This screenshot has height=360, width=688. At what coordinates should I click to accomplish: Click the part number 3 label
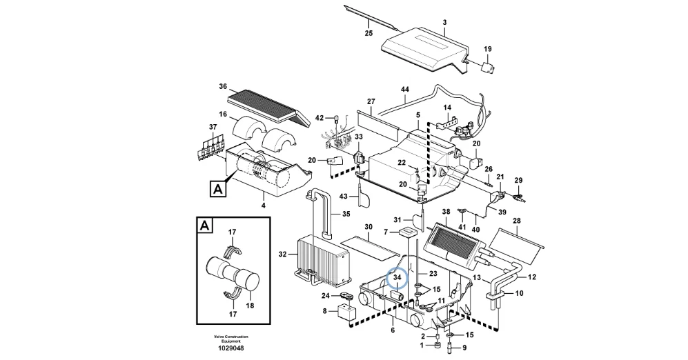444,22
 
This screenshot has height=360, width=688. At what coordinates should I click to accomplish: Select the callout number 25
368,34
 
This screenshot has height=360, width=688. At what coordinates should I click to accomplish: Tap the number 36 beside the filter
223,86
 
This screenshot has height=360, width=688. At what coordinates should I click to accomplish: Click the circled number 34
397,278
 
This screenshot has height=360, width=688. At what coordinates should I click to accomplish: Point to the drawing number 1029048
231,348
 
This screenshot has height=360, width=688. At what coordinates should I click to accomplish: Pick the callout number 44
405,90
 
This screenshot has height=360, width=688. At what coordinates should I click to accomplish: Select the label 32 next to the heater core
282,254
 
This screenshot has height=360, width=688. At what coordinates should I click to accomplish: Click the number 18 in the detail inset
250,305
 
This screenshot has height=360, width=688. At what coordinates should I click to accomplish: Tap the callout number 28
517,221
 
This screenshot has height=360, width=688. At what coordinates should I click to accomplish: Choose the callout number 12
531,277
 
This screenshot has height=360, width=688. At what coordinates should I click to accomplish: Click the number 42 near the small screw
320,118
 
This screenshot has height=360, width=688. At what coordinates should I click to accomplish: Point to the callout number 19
487,49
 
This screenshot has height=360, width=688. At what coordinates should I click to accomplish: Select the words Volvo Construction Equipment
231,338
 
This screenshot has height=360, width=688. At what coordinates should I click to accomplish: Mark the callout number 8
325,311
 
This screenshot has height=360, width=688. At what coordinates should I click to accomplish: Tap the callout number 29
518,180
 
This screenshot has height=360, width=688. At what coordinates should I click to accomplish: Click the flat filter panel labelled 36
265,104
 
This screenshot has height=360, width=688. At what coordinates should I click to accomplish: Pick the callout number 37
213,127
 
